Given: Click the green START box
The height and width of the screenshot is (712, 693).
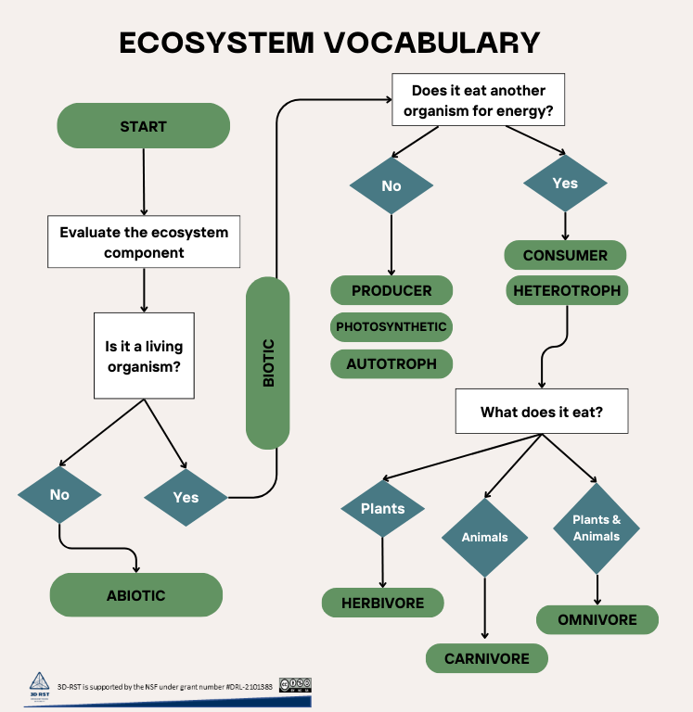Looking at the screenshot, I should point(143,125).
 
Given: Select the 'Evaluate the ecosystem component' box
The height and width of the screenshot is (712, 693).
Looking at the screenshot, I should point(144,242).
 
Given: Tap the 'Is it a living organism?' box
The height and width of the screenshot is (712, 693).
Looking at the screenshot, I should point(144,356).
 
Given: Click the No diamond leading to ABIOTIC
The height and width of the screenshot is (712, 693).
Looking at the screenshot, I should point(59,495).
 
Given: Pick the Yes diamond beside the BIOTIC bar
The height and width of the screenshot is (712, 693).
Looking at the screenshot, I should point(186,498).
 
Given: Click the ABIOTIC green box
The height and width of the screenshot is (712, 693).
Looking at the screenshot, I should point(135,595).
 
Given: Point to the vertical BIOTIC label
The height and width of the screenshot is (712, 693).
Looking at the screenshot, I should point(268,363).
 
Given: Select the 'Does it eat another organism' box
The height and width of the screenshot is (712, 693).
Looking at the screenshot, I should point(479,100).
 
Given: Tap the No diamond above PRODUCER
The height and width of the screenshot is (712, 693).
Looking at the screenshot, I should point(391,186).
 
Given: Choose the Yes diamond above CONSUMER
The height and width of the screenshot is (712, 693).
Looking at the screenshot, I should point(565,184).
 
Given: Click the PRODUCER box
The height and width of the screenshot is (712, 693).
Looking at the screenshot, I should point(391,290).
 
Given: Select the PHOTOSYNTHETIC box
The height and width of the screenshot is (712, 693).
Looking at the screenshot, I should point(391,326).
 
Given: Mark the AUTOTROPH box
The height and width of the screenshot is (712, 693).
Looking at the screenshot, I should point(391,363).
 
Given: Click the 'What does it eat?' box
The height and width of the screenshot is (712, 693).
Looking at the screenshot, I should point(541,412).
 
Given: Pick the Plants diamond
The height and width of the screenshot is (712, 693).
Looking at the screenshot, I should point(383,509).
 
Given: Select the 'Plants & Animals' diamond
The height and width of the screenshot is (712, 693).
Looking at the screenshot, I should point(597,528).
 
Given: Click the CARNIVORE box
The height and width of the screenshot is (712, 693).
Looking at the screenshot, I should point(486,659).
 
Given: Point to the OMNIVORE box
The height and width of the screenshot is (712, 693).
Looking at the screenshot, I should point(597,619).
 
